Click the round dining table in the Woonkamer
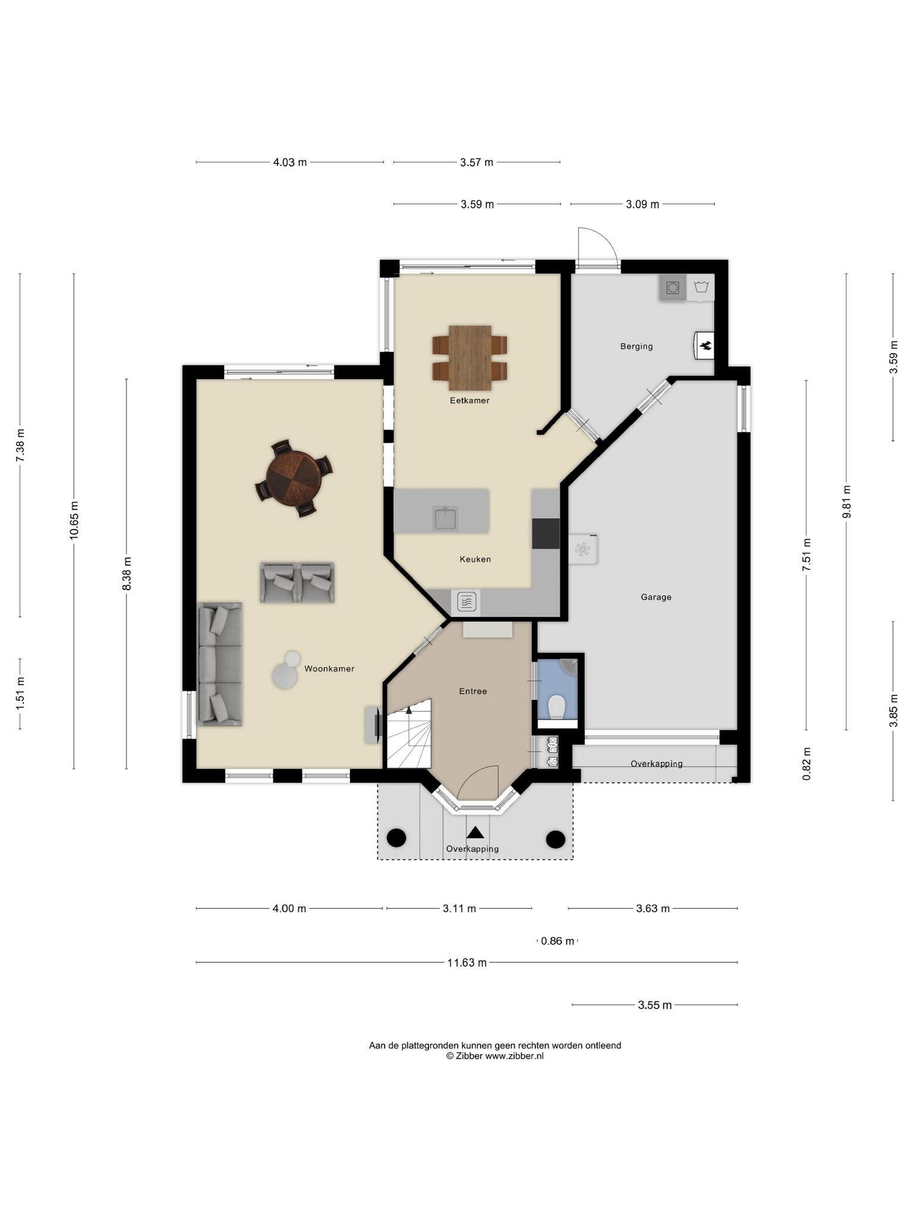294,477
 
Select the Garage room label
656,597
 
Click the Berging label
637,346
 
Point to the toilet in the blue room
557,707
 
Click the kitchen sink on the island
445,518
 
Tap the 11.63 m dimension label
467,963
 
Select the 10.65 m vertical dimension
74,521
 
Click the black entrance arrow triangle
476,833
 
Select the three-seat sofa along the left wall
220,664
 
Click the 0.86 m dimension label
558,941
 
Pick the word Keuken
476,559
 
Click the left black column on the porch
396,838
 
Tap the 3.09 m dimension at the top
643,204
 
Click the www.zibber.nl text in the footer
514,1056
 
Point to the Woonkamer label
329,669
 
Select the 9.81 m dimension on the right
847,502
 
